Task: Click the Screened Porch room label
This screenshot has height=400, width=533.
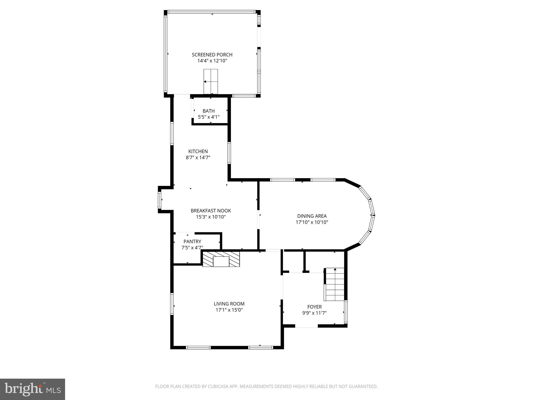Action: (x=212, y=55)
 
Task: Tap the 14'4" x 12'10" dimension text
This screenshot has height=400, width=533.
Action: (x=212, y=61)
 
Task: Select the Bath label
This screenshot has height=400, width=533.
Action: (x=208, y=111)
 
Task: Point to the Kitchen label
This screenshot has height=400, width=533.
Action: (x=198, y=151)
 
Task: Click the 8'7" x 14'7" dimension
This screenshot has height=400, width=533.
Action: (x=198, y=158)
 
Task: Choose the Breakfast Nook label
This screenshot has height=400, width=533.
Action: (x=211, y=211)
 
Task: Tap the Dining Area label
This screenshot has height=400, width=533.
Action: (x=312, y=216)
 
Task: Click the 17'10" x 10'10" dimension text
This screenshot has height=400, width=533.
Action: (x=312, y=222)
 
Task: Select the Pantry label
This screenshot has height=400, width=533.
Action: (x=192, y=241)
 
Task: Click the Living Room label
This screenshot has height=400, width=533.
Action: (x=229, y=304)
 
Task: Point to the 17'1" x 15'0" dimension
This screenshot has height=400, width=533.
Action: (x=229, y=310)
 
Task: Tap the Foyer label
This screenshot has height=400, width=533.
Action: (x=314, y=307)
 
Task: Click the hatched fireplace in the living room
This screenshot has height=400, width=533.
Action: (x=221, y=259)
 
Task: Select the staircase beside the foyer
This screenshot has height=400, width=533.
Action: (x=335, y=284)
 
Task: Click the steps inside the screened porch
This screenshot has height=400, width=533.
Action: (x=211, y=82)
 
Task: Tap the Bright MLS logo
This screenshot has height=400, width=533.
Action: (x=33, y=389)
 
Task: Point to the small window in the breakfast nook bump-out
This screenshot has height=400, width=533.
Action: (x=160, y=200)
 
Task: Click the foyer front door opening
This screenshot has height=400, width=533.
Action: (x=306, y=326)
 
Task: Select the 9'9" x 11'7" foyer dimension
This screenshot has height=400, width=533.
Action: (x=314, y=313)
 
